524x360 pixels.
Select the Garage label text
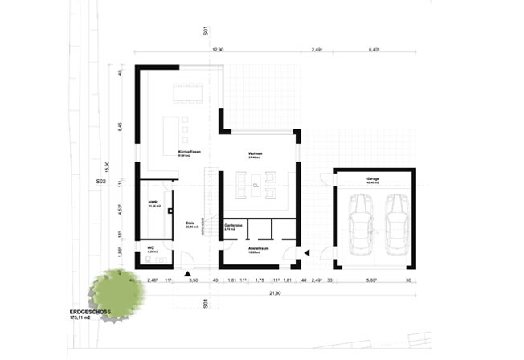[372, 178]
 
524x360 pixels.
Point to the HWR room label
[152, 203]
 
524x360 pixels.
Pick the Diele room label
[190, 223]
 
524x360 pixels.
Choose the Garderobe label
[234, 227]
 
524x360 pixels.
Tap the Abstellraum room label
[257, 250]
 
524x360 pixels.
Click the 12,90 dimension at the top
[217, 51]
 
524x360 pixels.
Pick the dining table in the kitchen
[188, 92]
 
